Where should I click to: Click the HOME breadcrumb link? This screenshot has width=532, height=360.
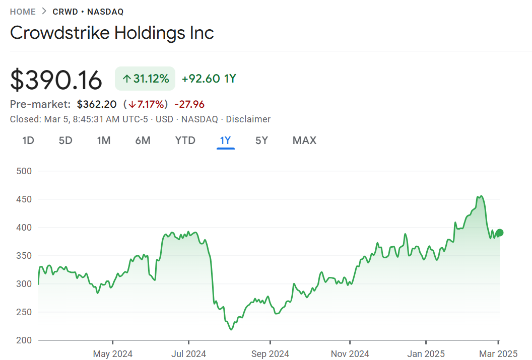[x=23, y=12]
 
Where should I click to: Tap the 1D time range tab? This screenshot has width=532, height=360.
[x=28, y=140]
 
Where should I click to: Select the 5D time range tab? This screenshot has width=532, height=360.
[x=65, y=140]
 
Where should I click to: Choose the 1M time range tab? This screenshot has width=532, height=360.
[x=104, y=140]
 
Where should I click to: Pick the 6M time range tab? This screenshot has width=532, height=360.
[x=143, y=140]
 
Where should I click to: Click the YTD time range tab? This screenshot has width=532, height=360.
[x=185, y=140]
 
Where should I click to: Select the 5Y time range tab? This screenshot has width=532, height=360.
[x=261, y=140]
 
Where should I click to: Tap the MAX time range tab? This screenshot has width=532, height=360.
[x=304, y=140]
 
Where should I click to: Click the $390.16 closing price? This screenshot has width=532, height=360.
[x=56, y=80]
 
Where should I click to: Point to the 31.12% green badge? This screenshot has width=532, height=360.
[x=145, y=79]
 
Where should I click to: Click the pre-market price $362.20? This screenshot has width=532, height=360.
[x=97, y=104]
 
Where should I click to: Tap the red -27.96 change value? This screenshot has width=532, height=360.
[x=189, y=104]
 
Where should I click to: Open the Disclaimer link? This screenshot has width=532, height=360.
[x=248, y=119]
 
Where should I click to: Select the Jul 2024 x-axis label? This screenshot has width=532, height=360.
[x=188, y=354]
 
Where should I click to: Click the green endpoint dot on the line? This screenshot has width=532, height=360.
[x=499, y=233]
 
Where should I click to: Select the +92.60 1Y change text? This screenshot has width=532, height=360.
[x=209, y=79]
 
